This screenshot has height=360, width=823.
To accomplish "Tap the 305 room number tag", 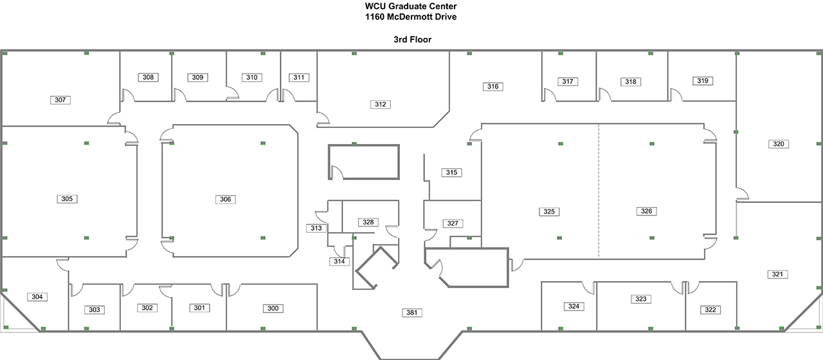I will tap(68, 199).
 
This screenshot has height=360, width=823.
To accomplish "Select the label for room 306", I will tap(225, 199).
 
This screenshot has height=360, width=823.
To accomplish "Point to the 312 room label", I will tap(381, 104).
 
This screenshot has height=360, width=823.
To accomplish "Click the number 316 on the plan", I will tap(493, 86).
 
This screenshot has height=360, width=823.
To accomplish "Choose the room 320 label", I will tap(779, 144).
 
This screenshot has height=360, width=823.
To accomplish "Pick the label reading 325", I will tap(548, 212).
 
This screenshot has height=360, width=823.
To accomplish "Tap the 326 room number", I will tap(646, 211).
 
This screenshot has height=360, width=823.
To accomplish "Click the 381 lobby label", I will tap(412, 313).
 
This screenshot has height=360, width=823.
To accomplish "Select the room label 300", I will tap(273, 309).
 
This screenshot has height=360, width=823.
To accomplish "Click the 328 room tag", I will tap(368, 222).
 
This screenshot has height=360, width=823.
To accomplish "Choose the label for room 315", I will tap(452, 172).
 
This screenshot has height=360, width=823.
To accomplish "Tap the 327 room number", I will tap(453, 224).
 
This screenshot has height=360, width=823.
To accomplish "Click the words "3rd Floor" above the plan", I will tap(412, 40).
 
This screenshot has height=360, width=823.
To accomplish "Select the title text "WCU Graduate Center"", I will tap(411, 6).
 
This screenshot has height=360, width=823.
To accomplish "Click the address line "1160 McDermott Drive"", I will tap(411, 17).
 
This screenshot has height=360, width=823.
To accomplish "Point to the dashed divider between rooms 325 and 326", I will tap(599, 193).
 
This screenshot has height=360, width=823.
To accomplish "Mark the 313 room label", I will tap(316, 228).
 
